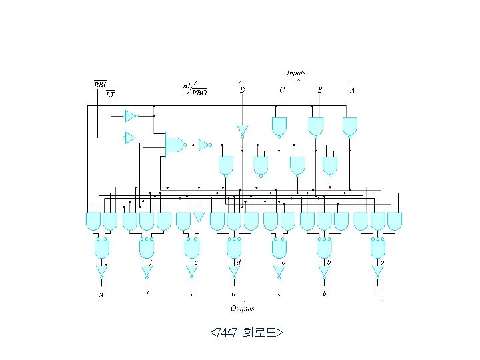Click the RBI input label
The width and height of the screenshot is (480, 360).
point(99,85)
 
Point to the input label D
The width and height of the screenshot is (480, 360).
point(242,90)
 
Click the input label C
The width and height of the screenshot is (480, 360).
point(282,90)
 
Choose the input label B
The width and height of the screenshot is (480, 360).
point(320,90)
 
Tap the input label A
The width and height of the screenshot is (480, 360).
point(352,90)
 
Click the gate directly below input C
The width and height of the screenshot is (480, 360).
point(279,126)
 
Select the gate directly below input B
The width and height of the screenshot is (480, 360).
point(316,126)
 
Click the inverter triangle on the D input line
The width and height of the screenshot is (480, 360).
point(242,129)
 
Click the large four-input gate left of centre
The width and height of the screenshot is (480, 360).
point(175,144)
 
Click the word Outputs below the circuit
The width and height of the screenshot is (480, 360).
point(243,308)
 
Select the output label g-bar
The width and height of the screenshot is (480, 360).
point(101,293)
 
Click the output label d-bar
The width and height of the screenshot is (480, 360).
point(233,293)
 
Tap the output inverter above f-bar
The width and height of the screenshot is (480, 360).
point(147,272)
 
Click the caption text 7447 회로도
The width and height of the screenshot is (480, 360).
point(247,332)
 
